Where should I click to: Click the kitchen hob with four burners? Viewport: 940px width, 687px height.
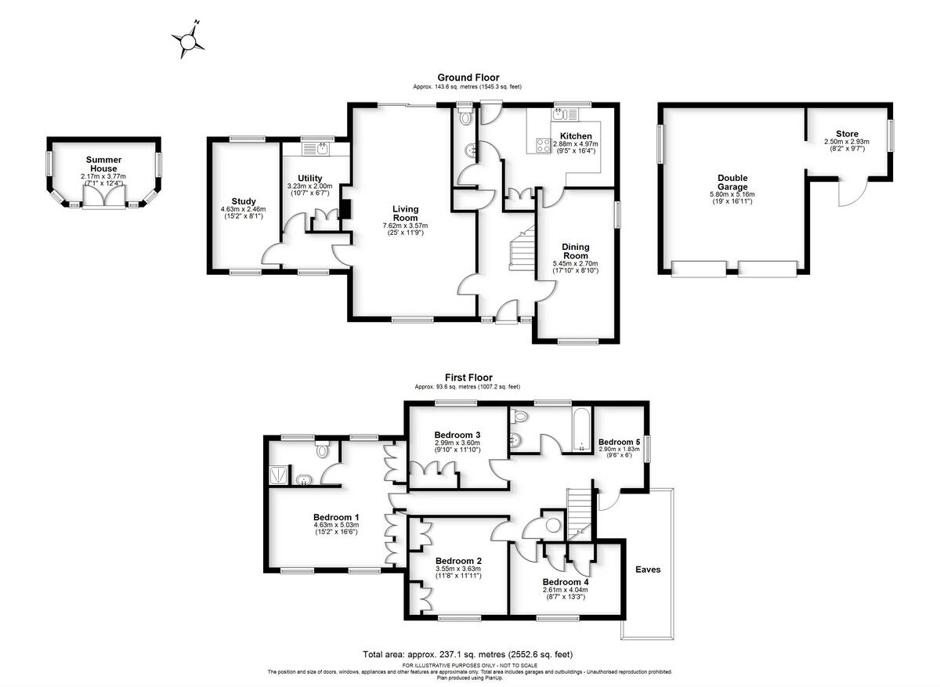pyautogui.click(x=541, y=144)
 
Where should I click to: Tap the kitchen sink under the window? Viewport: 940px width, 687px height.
pyautogui.click(x=561, y=115)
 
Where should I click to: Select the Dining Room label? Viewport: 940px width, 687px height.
pyautogui.click(x=576, y=251)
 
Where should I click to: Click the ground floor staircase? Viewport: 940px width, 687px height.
pyautogui.click(x=519, y=249)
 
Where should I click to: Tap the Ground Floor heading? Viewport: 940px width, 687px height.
pyautogui.click(x=468, y=78)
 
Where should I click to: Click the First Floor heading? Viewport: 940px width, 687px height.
pyautogui.click(x=468, y=378)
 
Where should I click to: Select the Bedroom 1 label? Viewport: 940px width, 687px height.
pyautogui.click(x=336, y=517)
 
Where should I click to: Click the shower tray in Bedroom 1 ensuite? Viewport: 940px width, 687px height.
pyautogui.click(x=278, y=472)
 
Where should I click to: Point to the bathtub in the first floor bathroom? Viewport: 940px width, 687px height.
pyautogui.click(x=580, y=430)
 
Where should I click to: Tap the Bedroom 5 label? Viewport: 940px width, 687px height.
pyautogui.click(x=620, y=442)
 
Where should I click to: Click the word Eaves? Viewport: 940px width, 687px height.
pyautogui.click(x=648, y=569)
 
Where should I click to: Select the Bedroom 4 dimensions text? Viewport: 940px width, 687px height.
pyautogui.click(x=566, y=591)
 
